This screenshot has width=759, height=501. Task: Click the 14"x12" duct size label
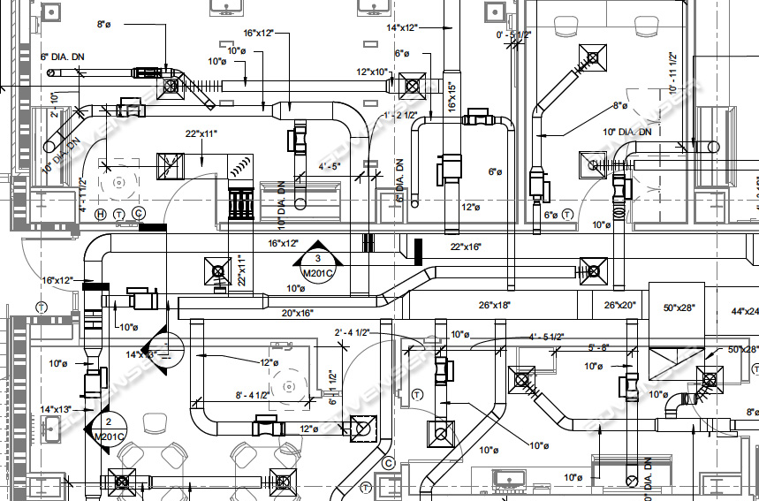pyautogui.click(x=402, y=27)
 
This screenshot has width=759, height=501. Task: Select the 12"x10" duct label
pyautogui.click(x=373, y=72)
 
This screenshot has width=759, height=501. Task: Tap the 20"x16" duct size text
pyautogui.click(x=298, y=313)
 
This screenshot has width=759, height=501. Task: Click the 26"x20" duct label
pyautogui.click(x=620, y=305)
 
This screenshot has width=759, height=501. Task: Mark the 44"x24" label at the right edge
pyautogui.click(x=744, y=311)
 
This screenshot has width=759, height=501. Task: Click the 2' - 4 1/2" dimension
pyautogui.click(x=351, y=332)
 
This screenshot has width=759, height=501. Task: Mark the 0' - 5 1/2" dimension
pyautogui.click(x=513, y=34)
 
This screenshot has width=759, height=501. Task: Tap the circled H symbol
pyautogui.click(x=101, y=214)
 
